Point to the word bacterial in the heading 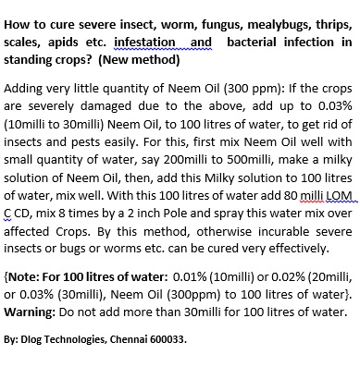256,43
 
